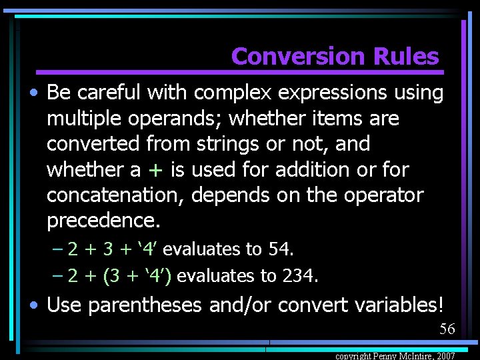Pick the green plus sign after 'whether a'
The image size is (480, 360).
pyautogui.click(x=155, y=170)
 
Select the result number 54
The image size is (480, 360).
pyautogui.click(x=279, y=249)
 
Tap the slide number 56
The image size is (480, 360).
pyautogui.click(x=447, y=329)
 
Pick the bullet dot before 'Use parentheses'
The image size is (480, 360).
pyautogui.click(x=33, y=306)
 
